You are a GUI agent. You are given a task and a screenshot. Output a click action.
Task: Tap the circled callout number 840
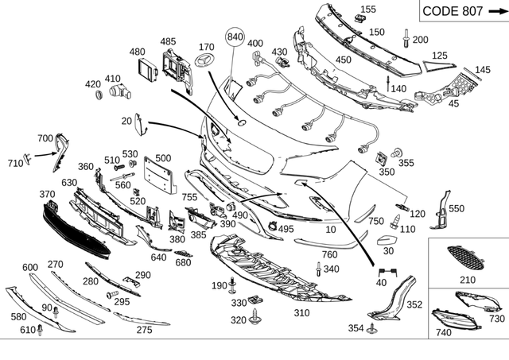(x=236, y=37)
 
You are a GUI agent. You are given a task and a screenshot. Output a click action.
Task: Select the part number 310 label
(x=301, y=313)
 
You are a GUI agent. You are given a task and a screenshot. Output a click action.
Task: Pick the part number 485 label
(x=168, y=41)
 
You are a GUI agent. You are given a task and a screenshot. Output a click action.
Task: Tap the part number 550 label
(x=456, y=208)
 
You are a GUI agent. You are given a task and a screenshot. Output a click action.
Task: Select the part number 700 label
(x=45, y=138)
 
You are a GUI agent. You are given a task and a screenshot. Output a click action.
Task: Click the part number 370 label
(x=46, y=194)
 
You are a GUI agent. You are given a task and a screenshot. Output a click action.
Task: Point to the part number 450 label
(x=344, y=60)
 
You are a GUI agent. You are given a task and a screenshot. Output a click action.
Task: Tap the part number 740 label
(x=443, y=332)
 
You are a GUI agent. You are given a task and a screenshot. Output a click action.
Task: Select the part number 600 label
(x=30, y=267)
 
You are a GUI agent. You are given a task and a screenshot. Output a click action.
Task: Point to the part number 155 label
(x=368, y=10)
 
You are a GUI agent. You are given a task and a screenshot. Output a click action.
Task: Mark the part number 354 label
(x=355, y=328)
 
